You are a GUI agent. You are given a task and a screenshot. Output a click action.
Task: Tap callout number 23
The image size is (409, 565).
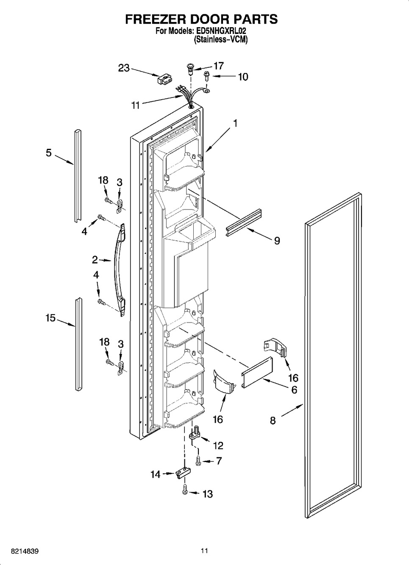click(x=124, y=68)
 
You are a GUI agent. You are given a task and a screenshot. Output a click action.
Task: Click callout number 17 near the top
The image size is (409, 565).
click(x=218, y=66)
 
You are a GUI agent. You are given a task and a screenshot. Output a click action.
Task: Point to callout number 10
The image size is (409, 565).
click(x=242, y=77)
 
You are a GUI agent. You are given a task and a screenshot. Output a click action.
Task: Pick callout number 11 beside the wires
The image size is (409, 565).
click(x=135, y=106)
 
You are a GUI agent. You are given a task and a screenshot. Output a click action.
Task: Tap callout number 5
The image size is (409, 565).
click(x=49, y=153)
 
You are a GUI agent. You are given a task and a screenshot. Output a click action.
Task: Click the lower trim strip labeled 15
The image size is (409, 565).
click(x=79, y=343)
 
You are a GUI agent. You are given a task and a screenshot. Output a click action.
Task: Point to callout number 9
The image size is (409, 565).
click(x=276, y=241)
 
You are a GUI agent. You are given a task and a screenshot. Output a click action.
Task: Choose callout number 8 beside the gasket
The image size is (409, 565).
click(x=273, y=420)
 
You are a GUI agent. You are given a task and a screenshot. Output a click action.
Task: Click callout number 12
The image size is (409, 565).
click(x=218, y=445)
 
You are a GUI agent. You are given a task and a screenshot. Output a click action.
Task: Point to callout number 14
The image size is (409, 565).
click(x=156, y=474)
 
